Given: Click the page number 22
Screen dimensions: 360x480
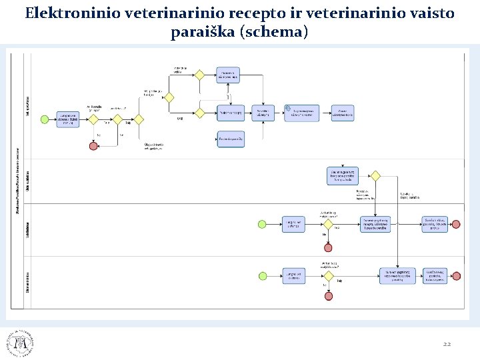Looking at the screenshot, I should [x=447, y=344].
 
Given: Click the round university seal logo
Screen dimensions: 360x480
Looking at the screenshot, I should [x=20, y=343].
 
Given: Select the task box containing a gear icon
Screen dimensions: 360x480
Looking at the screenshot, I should [x=302, y=113].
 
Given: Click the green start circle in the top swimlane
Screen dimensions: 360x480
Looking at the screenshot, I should [x=45, y=119].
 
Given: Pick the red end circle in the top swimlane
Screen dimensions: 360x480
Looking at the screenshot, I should [x=93, y=146].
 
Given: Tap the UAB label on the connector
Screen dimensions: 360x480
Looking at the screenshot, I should [x=180, y=119].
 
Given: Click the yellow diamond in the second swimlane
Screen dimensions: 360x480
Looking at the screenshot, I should [x=375, y=176].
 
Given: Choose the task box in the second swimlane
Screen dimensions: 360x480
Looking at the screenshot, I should [x=343, y=176].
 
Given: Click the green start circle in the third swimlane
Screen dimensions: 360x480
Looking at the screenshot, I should [x=262, y=224].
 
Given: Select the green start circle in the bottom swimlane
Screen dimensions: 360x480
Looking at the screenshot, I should [x=262, y=276].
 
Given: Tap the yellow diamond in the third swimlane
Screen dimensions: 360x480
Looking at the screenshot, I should [x=327, y=224].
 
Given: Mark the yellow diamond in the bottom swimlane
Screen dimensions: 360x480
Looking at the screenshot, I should [x=327, y=276].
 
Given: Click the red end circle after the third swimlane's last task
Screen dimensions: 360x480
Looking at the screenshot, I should [x=456, y=224].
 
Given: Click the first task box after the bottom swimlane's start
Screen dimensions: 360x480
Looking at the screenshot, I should [x=293, y=276].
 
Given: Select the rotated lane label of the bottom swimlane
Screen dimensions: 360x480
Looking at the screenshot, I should [x=28, y=280].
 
